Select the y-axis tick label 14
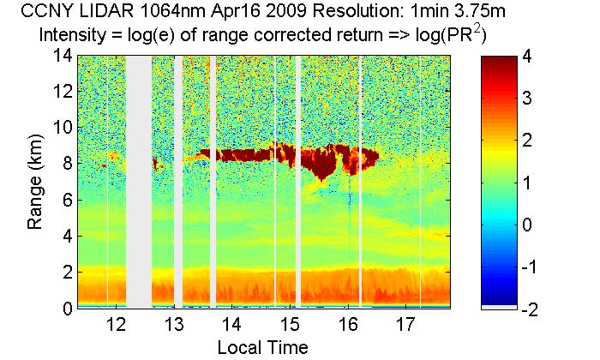(59, 56)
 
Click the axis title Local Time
(261, 347)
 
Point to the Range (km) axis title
(36, 182)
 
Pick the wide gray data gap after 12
(139, 180)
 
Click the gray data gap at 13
(178, 180)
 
